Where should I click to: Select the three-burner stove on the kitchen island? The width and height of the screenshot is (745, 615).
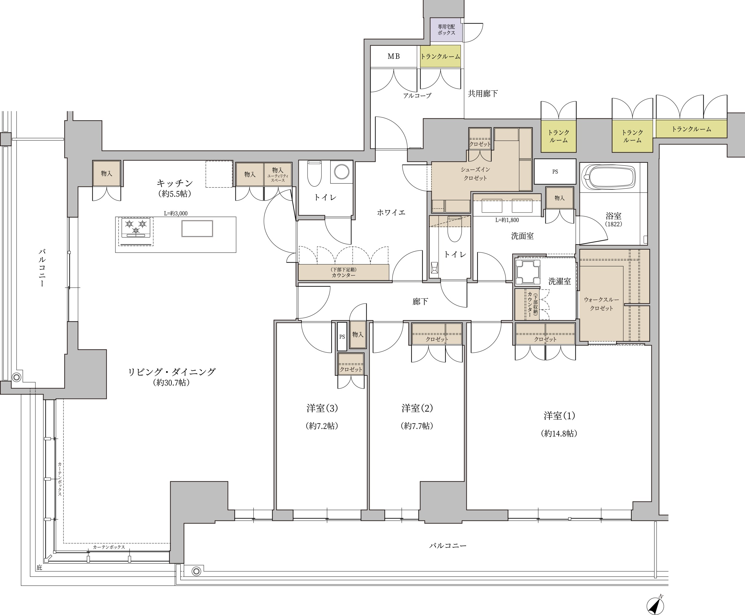[136, 228]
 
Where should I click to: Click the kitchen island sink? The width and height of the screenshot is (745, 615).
[197, 228]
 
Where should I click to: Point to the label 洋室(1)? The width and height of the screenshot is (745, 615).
[559, 415]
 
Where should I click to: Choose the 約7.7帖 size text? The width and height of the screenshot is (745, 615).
[417, 426]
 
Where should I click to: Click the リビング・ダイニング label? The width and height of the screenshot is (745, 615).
[171, 372]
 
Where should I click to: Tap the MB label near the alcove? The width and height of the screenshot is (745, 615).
[394, 56]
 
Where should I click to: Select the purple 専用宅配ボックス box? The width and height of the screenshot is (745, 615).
[446, 30]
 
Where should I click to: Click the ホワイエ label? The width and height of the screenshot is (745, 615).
[391, 212]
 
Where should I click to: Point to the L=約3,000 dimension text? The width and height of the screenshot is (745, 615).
[175, 213]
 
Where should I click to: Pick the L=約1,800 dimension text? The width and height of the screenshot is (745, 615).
[507, 220]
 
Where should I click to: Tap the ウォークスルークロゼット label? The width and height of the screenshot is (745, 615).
[602, 304]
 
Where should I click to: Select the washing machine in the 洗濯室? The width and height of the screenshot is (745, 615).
[528, 272]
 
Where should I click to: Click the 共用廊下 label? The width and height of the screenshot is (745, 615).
[483, 93]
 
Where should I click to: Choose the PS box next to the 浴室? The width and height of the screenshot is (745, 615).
[555, 172]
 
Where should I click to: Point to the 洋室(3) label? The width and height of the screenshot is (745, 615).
[322, 408]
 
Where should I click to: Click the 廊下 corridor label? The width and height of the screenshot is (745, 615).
[420, 301]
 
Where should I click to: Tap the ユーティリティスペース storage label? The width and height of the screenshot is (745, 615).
[278, 178]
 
